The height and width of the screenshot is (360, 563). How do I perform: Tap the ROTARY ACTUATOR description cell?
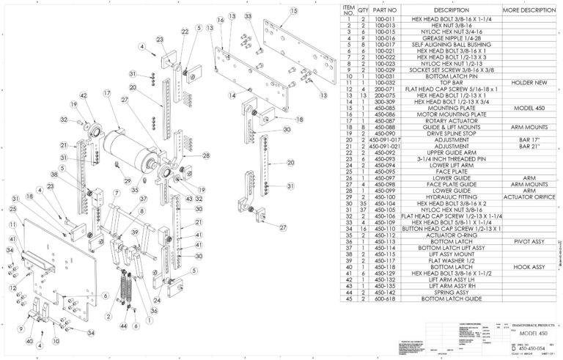coord(446,121)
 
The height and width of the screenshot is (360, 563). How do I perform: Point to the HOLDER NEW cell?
coord(528,83)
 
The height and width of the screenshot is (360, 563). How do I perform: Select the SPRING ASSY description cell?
coord(446,293)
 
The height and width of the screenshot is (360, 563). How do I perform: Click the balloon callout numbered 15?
coord(294,11)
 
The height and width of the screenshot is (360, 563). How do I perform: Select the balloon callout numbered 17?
coord(107,93)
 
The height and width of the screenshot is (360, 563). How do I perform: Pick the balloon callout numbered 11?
coord(12,223)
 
